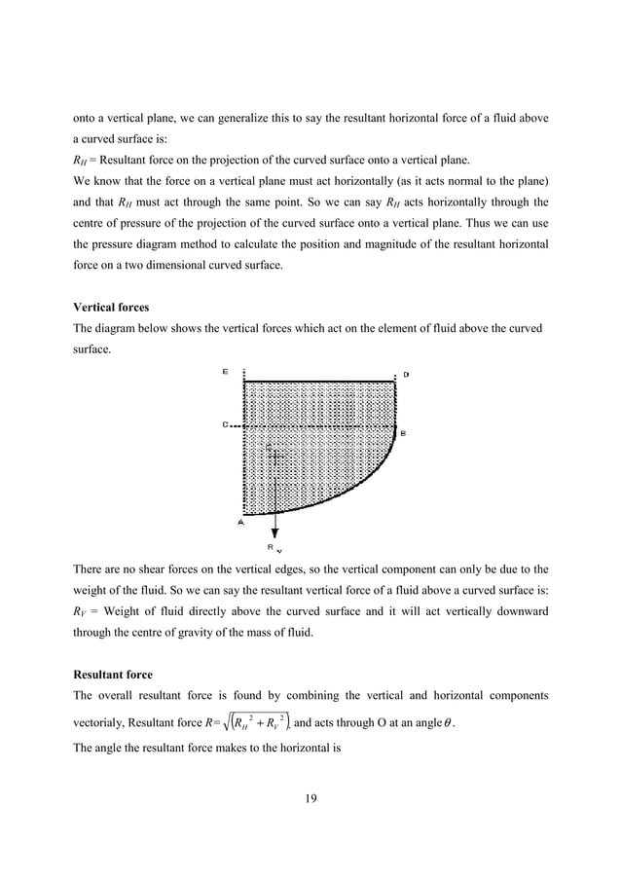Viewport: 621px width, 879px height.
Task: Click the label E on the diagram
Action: [x=226, y=372]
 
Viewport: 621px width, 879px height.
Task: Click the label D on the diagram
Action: [x=406, y=374]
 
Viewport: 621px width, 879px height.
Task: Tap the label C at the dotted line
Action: [x=226, y=424]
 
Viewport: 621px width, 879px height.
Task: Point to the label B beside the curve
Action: [x=403, y=432]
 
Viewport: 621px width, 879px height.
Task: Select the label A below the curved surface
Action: [x=240, y=522]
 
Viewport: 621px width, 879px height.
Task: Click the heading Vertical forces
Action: [x=112, y=307]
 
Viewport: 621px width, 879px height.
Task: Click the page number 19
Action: [x=310, y=799]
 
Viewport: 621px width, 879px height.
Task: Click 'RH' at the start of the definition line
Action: [x=82, y=161]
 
